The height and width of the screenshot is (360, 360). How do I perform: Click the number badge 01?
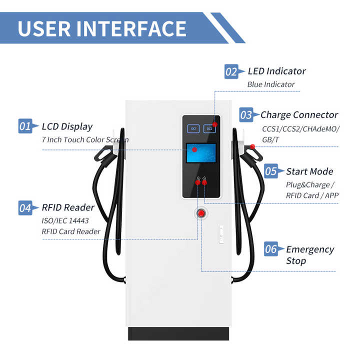pos(25,126)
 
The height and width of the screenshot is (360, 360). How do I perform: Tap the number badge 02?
pos(231,71)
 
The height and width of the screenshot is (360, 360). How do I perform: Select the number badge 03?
pos(246,115)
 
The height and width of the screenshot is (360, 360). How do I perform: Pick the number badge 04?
pos(25,207)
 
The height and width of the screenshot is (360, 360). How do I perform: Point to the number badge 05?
pos(271,171)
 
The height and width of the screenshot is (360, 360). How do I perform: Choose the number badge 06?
pos(271,249)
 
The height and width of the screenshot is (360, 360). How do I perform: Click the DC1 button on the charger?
pos(193,128)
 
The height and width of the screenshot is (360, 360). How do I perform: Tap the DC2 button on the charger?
pos(209,128)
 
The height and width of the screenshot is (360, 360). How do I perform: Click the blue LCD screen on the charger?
pos(201,153)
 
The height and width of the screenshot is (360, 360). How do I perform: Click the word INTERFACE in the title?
pos(132,28)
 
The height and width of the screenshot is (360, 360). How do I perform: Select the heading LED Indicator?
pos(276,71)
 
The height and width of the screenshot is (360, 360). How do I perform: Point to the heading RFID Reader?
pos(68,207)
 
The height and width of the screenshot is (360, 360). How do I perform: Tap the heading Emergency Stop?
pos(310,254)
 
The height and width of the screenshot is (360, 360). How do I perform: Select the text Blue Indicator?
pos(271,84)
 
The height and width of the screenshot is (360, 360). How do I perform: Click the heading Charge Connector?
pos(299,115)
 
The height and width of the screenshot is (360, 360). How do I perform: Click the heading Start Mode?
pos(309,171)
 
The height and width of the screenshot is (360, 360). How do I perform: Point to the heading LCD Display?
pos(67,126)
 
